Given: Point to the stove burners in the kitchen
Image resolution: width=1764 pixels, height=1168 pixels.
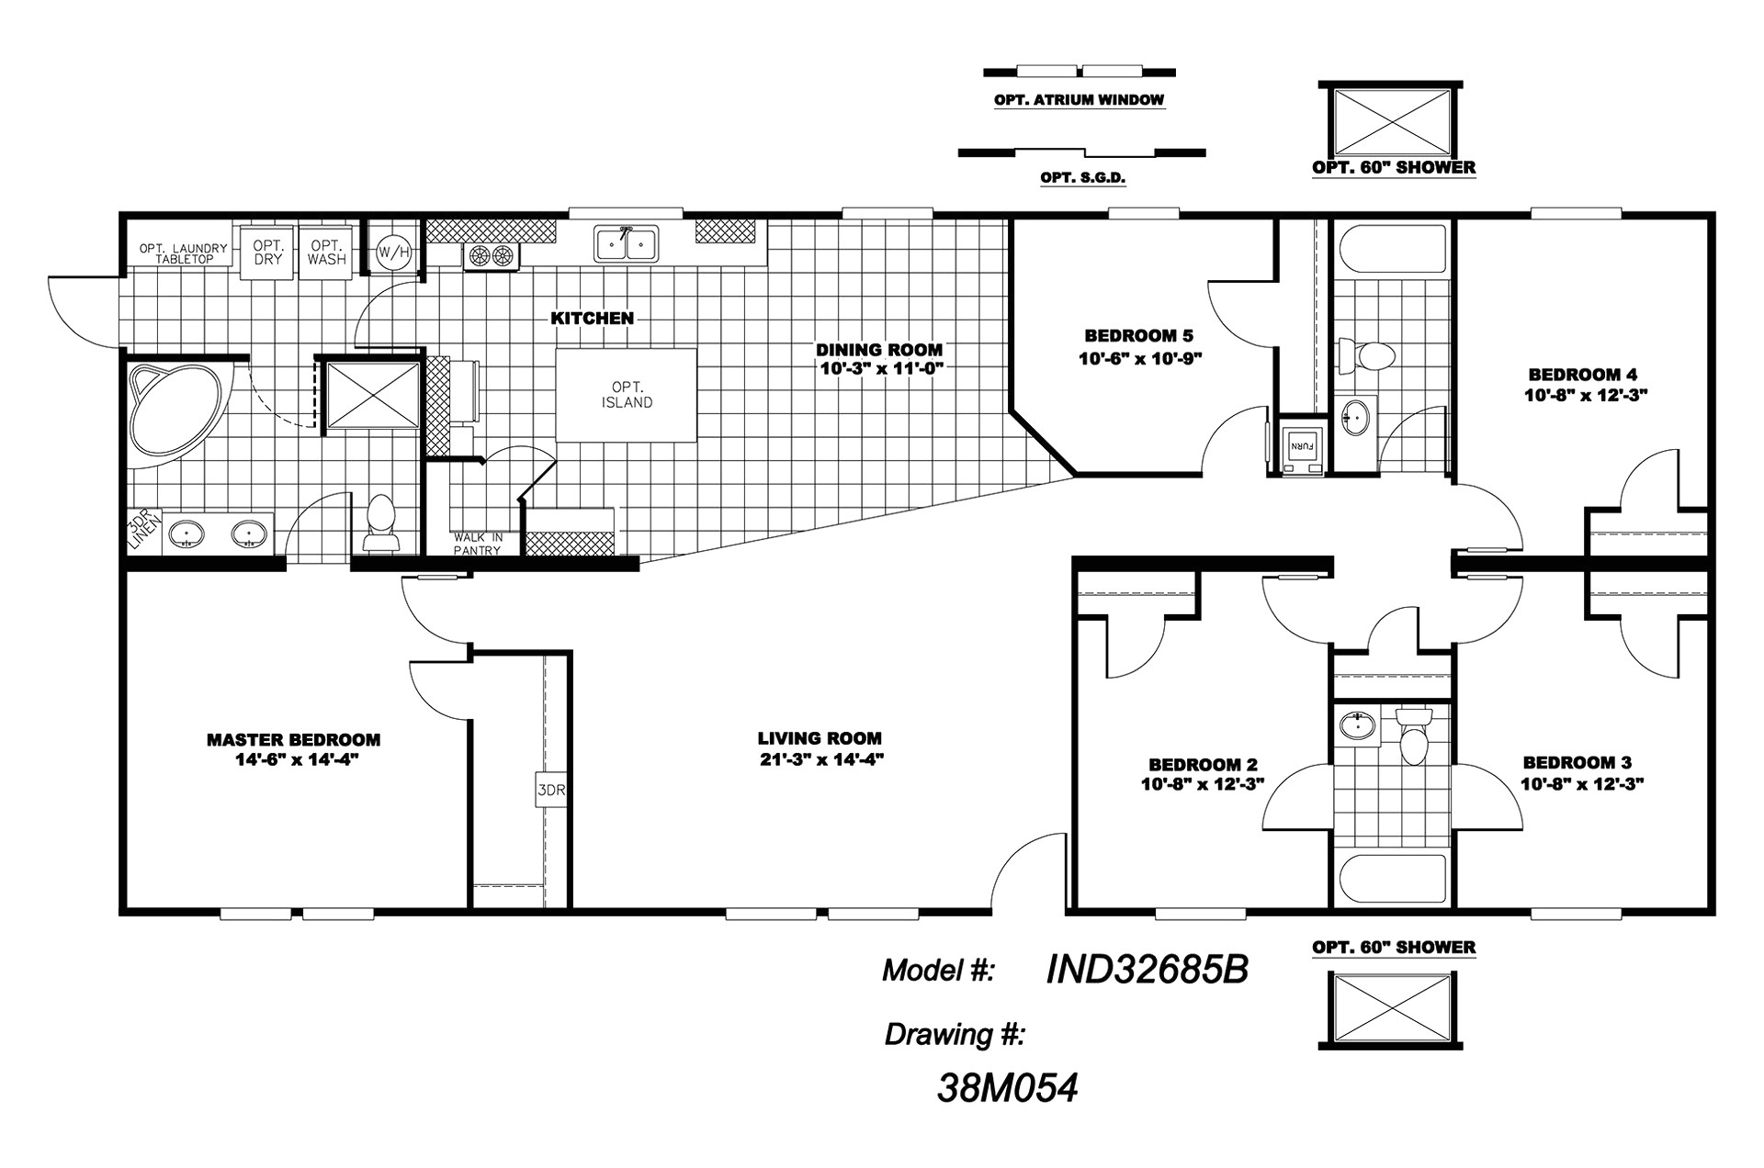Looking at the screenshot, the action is click(490, 256).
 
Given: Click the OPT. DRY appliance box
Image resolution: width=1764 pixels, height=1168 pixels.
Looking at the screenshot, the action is click(267, 252).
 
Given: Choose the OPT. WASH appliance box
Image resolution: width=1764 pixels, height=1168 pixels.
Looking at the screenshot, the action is click(326, 252).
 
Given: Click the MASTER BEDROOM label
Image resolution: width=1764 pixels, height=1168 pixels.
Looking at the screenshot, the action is click(293, 739).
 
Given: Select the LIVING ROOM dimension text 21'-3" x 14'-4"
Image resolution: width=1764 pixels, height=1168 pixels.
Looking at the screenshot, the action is click(820, 759).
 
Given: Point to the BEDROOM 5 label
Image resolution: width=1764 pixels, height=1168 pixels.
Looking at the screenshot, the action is click(1138, 336).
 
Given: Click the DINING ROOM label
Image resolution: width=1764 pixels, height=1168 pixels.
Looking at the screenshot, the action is click(879, 349).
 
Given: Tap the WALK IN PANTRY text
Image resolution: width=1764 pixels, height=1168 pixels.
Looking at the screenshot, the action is click(477, 544).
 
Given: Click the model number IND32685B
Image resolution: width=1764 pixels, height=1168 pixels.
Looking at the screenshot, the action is click(1147, 969).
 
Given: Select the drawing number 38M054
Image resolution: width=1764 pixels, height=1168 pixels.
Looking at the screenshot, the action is click(1007, 1088).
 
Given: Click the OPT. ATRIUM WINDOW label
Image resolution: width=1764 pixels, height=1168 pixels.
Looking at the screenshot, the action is click(1079, 100).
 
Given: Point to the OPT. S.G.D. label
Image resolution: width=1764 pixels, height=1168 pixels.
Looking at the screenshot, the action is click(1083, 178).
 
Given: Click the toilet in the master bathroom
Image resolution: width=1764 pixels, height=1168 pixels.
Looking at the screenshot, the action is click(381, 525).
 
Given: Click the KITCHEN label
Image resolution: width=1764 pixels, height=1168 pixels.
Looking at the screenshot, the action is click(592, 319).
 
